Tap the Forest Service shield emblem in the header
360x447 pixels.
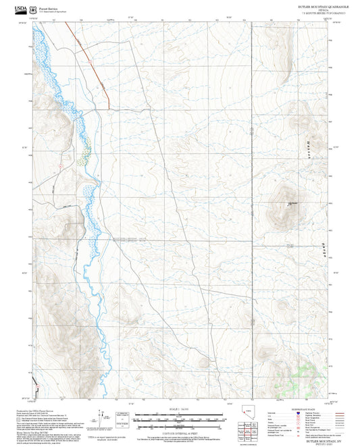click(x=33, y=9)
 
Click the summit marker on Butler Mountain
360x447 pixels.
click(x=290, y=206)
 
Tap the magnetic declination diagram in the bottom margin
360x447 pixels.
click(x=101, y=419)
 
